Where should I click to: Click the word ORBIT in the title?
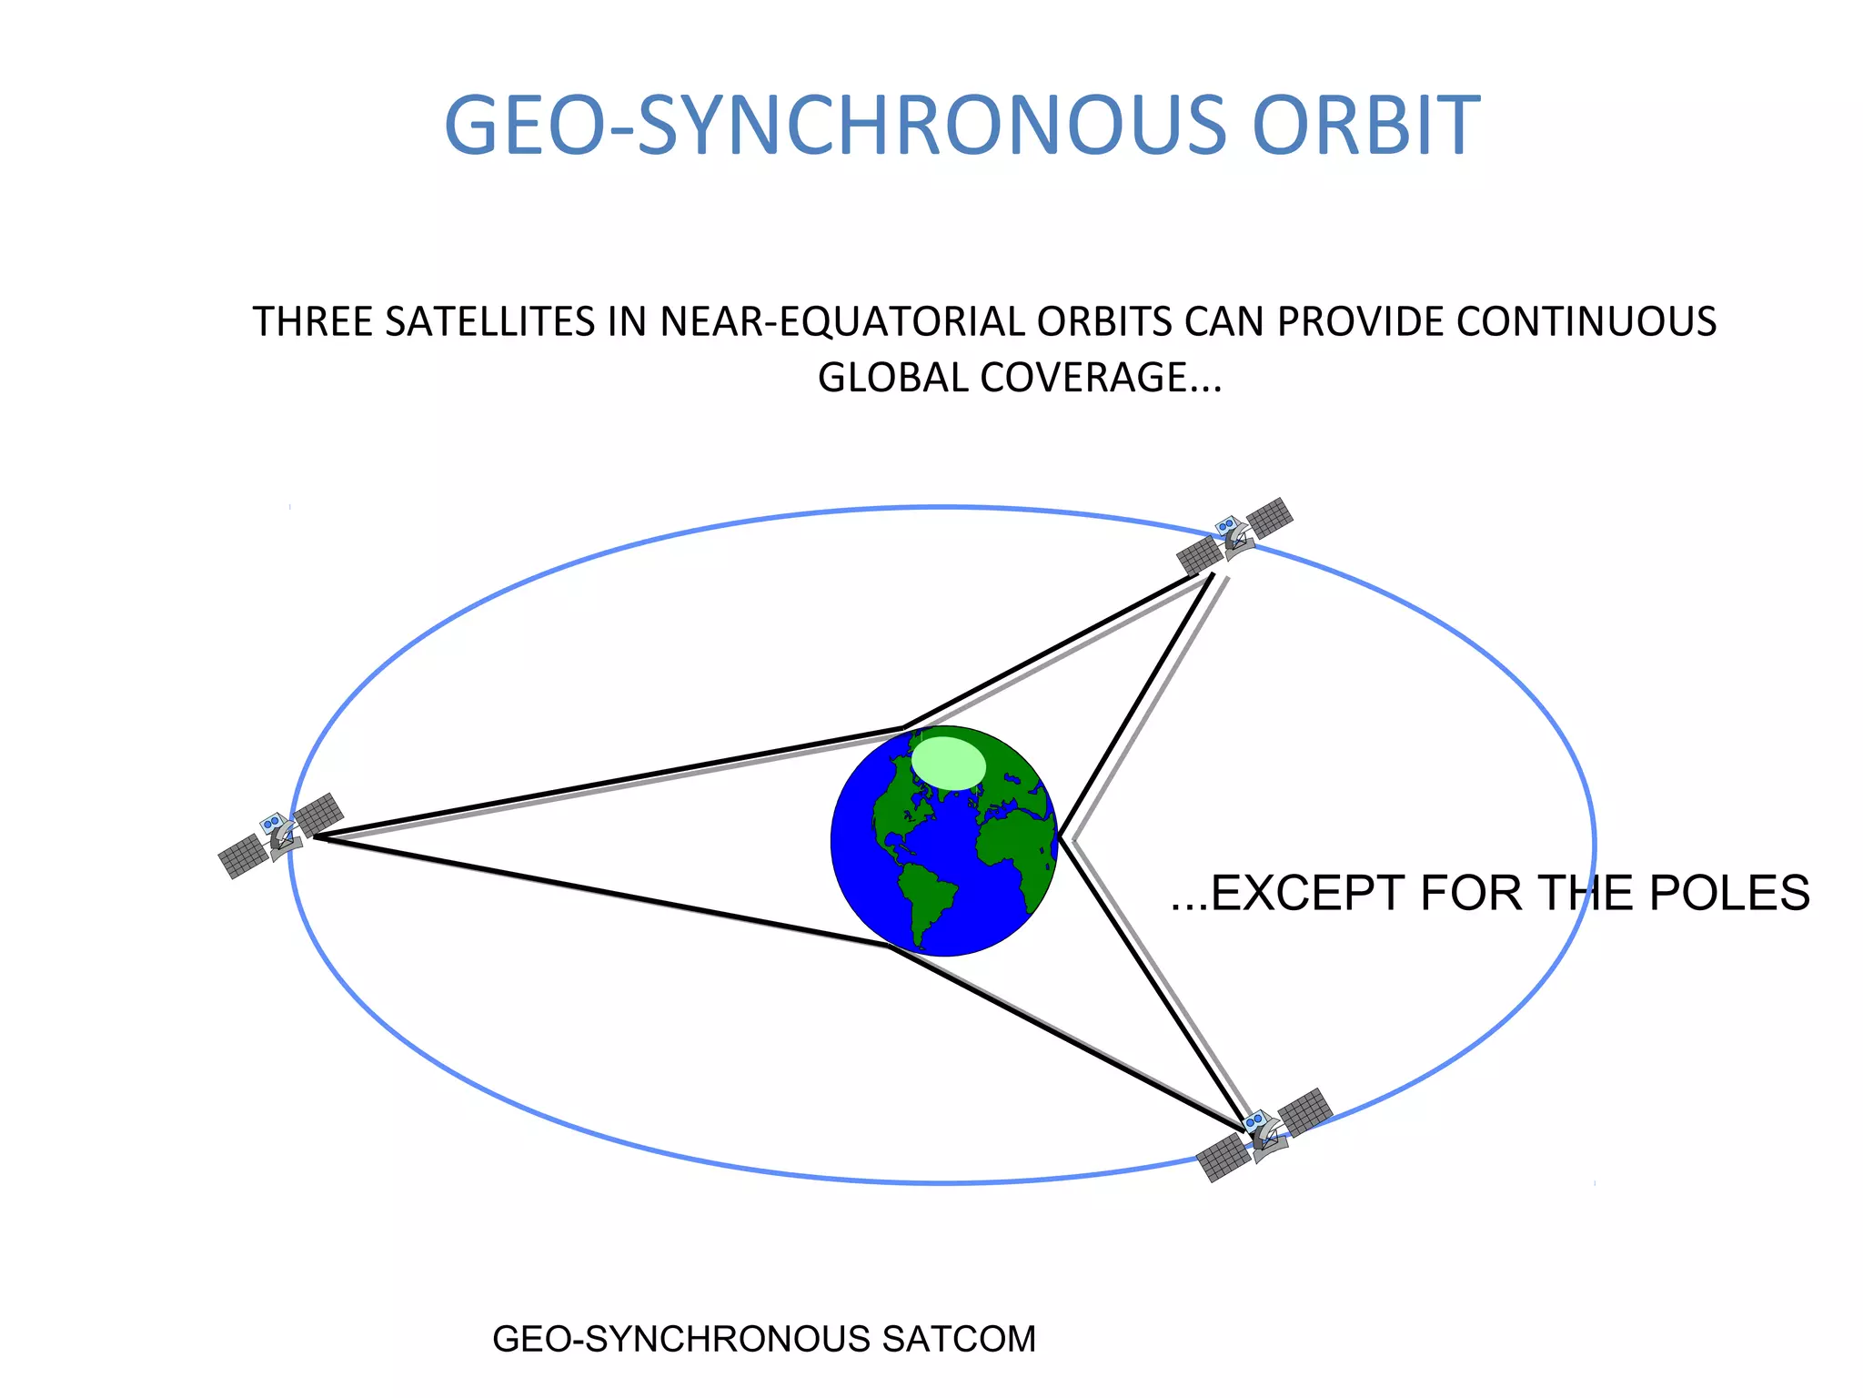click(x=1366, y=126)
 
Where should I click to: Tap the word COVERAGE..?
click(x=1083, y=378)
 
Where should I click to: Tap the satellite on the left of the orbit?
click(x=280, y=835)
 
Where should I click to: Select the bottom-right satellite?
click(x=1264, y=1134)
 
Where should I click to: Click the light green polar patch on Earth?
click(x=949, y=763)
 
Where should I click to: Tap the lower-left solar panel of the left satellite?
click(x=242, y=856)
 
